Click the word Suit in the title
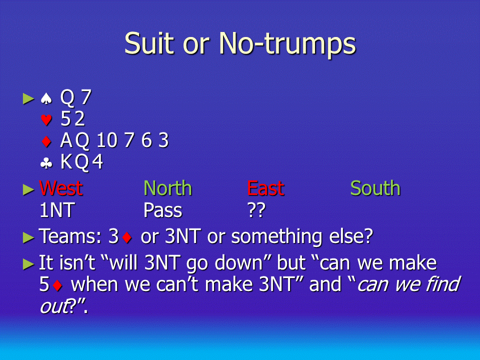coord(150,43)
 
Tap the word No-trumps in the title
coord(287,45)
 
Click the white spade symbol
coord(46,98)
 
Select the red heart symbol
coord(46,119)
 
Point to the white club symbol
coord(46,163)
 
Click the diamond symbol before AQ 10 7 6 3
coord(46,141)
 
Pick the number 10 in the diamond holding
coord(107,140)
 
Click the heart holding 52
coord(72,119)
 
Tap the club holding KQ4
coord(81,162)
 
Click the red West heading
coord(61,188)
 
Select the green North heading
coord(168,188)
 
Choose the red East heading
coord(265,188)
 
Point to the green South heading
coord(375,188)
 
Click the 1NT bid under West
coord(57,210)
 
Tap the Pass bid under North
coord(163,210)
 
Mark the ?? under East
coord(256,210)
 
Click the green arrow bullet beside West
coord(28,190)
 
